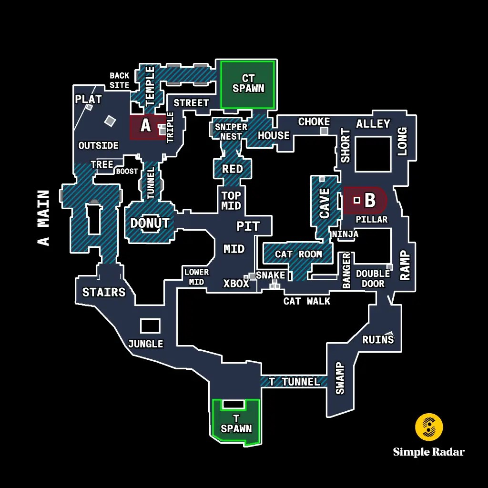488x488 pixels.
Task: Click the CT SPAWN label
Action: pyautogui.click(x=248, y=83)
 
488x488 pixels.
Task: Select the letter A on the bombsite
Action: pyautogui.click(x=146, y=126)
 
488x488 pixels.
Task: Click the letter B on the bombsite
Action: pyautogui.click(x=370, y=200)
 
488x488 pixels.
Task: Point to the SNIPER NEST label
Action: pyautogui.click(x=231, y=132)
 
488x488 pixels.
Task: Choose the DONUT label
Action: pyautogui.click(x=150, y=223)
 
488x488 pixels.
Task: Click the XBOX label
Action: pyautogui.click(x=236, y=284)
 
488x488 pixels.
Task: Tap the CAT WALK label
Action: pyautogui.click(x=306, y=301)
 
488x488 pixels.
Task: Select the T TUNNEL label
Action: pyautogui.click(x=294, y=382)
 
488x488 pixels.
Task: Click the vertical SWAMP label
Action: pyautogui.click(x=340, y=378)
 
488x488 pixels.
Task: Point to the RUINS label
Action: pyautogui.click(x=378, y=339)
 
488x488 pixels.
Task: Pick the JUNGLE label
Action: pyautogui.click(x=145, y=344)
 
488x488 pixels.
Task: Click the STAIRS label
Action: pyautogui.click(x=104, y=292)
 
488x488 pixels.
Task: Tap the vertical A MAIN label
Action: pyautogui.click(x=44, y=218)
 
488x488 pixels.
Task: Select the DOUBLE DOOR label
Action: pyautogui.click(x=373, y=278)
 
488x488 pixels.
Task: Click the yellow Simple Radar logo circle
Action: pyautogui.click(x=429, y=427)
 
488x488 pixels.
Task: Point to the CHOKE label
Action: pyautogui.click(x=314, y=122)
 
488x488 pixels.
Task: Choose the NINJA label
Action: pyautogui.click(x=345, y=234)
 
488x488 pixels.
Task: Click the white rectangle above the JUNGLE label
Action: pyautogui.click(x=150, y=325)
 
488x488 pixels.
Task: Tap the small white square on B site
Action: pyautogui.click(x=356, y=200)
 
